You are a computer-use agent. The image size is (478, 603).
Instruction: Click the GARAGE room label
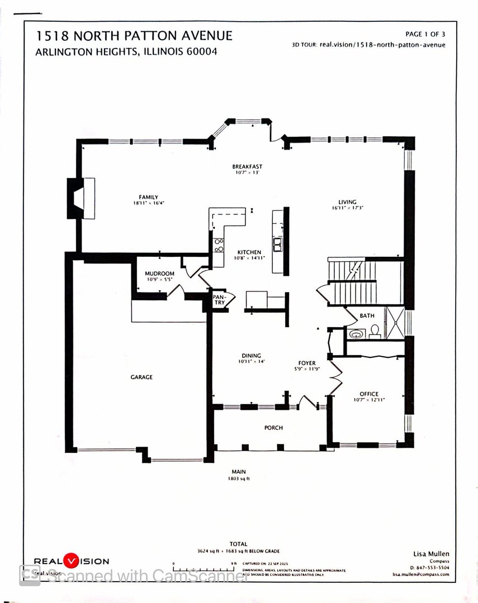(x=141, y=377)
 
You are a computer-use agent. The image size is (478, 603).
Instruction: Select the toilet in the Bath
(x=374, y=332)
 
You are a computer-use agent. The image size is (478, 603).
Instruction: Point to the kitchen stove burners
(x=219, y=246)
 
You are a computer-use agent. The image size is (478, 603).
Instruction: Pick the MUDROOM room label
(x=160, y=274)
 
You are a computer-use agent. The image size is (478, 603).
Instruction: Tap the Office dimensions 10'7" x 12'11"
(x=369, y=400)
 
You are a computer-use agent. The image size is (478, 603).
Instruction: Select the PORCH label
(x=273, y=428)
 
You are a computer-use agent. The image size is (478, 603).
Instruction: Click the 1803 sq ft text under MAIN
(x=238, y=478)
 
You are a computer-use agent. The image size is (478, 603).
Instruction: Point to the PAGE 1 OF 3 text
(x=425, y=35)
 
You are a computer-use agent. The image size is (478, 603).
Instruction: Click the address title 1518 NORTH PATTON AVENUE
(x=134, y=36)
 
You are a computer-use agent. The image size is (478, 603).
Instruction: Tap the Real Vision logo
(x=72, y=561)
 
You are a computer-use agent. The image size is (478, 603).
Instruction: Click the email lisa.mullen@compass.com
(x=420, y=574)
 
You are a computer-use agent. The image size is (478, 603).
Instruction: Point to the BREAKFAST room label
(x=247, y=166)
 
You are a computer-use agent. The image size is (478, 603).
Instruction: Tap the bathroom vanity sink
(x=356, y=334)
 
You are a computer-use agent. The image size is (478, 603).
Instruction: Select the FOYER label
(x=306, y=363)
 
